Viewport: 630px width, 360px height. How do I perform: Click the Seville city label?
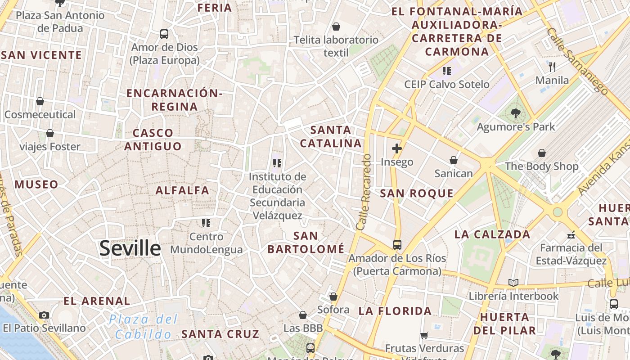(130, 248)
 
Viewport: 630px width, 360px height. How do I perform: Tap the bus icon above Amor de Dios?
(164, 34)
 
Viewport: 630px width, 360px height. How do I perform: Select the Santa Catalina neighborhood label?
(331, 137)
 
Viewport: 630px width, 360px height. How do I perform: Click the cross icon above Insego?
(396, 148)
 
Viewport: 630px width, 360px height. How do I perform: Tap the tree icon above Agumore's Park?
(516, 113)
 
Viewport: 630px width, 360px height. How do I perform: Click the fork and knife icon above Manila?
(552, 67)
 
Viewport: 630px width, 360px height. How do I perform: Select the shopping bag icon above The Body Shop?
(542, 153)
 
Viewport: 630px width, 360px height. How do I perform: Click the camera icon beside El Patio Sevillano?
(44, 315)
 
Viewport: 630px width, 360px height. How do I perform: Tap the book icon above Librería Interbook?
(513, 283)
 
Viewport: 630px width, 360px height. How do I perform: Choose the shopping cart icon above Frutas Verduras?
(424, 335)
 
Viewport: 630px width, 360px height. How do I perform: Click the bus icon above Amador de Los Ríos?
(397, 244)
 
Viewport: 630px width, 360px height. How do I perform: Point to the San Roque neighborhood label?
(417, 193)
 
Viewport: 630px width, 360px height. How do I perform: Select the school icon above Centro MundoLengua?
(206, 223)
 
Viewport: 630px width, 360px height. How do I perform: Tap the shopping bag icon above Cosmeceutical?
(40, 101)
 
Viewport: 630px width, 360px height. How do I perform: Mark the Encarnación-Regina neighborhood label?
(175, 100)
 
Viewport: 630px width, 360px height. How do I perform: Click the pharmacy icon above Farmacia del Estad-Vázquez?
(571, 234)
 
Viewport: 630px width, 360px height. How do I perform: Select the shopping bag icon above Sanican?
(454, 160)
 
